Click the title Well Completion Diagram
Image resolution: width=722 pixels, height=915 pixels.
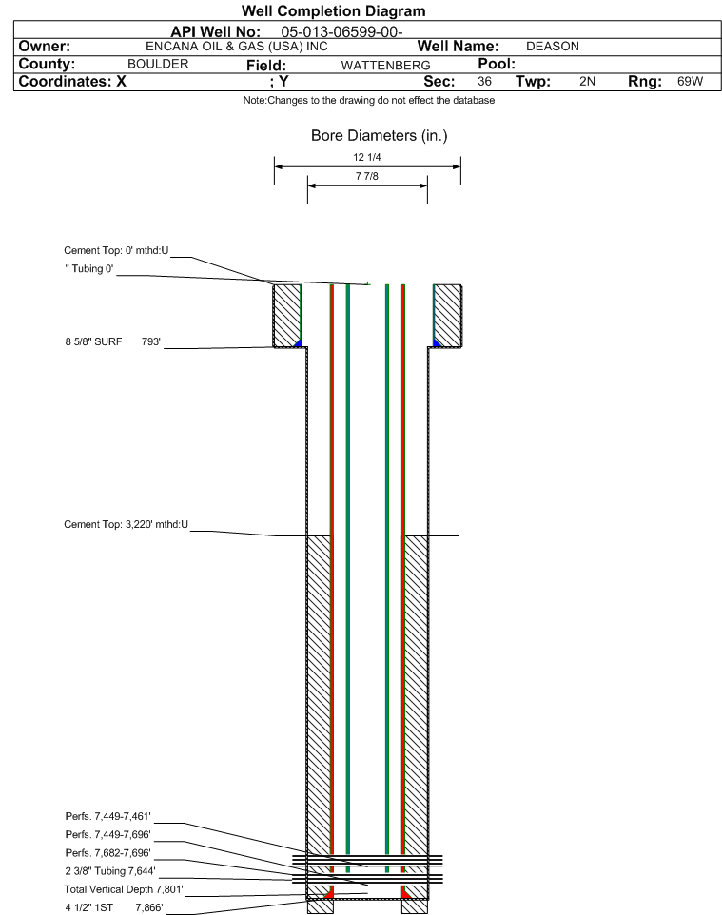pyautogui.click(x=334, y=10)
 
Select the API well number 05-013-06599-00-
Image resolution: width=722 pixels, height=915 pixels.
pyautogui.click(x=341, y=31)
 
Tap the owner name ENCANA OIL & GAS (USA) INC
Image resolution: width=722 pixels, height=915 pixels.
pyautogui.click(x=237, y=46)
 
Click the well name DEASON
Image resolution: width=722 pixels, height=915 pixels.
pyautogui.click(x=552, y=46)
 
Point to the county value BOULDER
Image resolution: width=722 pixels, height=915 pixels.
pyautogui.click(x=158, y=64)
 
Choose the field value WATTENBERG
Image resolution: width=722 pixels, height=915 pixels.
pyautogui.click(x=385, y=65)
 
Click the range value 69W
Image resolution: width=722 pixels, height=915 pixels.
pyautogui.click(x=690, y=81)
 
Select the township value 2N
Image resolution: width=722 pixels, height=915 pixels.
pyautogui.click(x=587, y=81)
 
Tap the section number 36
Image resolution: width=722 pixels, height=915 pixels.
pyautogui.click(x=484, y=81)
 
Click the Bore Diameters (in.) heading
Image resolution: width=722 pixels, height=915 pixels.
pyautogui.click(x=379, y=136)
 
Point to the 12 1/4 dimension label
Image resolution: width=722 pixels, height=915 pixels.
pyautogui.click(x=367, y=157)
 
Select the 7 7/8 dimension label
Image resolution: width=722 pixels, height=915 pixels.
pyautogui.click(x=367, y=176)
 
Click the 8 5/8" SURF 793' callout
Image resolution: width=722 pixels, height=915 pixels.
pyautogui.click(x=112, y=341)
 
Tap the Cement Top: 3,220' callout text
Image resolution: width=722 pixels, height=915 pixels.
pyautogui.click(x=127, y=524)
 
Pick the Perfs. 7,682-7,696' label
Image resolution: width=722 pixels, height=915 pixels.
pyautogui.click(x=108, y=852)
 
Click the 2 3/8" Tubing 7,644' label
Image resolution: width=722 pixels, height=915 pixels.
pyautogui.click(x=110, y=870)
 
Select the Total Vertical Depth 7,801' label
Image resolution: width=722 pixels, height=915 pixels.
pyautogui.click(x=124, y=889)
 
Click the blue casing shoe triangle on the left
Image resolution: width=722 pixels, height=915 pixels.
pyautogui.click(x=299, y=343)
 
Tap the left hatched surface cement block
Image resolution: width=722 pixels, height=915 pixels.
pyautogui.click(x=286, y=316)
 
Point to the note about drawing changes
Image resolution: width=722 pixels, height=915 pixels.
pyautogui.click(x=369, y=101)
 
